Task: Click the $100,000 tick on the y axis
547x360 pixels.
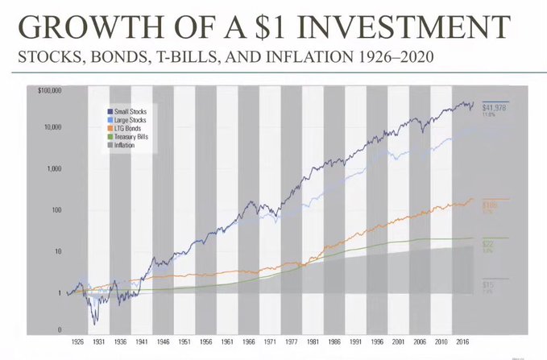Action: click(x=50, y=91)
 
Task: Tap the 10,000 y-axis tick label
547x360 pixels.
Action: click(x=52, y=127)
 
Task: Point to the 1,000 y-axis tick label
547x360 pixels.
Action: click(x=55, y=169)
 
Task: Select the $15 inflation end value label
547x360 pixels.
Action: click(x=488, y=285)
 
